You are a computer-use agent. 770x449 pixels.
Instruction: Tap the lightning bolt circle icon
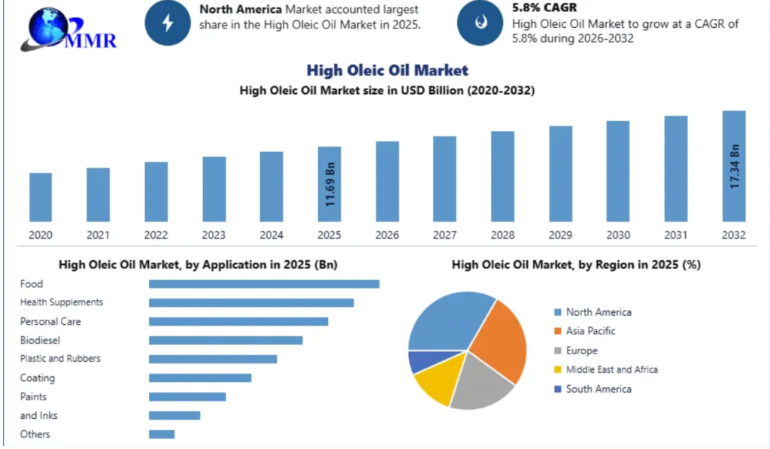point(167,23)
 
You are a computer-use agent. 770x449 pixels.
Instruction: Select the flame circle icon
point(480,23)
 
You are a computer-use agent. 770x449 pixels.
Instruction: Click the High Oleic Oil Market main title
point(387,71)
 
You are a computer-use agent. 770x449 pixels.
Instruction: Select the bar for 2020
point(41,196)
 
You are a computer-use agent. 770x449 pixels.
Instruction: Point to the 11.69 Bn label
point(330,183)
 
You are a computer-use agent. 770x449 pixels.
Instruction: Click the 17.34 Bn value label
point(735,166)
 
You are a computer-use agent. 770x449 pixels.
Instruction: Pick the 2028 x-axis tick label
point(502,235)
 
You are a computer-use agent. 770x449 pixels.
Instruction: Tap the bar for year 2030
point(618,171)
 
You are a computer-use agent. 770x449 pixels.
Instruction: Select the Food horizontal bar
point(264,284)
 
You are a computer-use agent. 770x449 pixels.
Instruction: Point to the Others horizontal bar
point(162,434)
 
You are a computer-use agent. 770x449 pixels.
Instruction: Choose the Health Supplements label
point(62,302)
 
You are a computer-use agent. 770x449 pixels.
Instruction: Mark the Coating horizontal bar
point(200,378)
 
